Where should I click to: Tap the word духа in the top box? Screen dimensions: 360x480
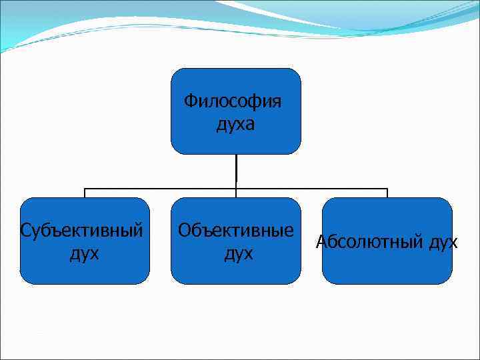click(235, 124)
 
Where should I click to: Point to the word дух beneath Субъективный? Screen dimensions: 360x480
click(85, 253)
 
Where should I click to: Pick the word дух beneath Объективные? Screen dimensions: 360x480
click(238, 253)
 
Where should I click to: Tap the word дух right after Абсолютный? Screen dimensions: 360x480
click(443, 241)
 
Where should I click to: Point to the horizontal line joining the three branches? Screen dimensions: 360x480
click(160, 189)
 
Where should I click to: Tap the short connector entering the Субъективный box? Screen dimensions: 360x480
click(85, 193)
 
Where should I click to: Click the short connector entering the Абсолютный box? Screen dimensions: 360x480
click(387, 193)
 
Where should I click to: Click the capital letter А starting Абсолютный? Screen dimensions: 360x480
click(321, 241)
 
